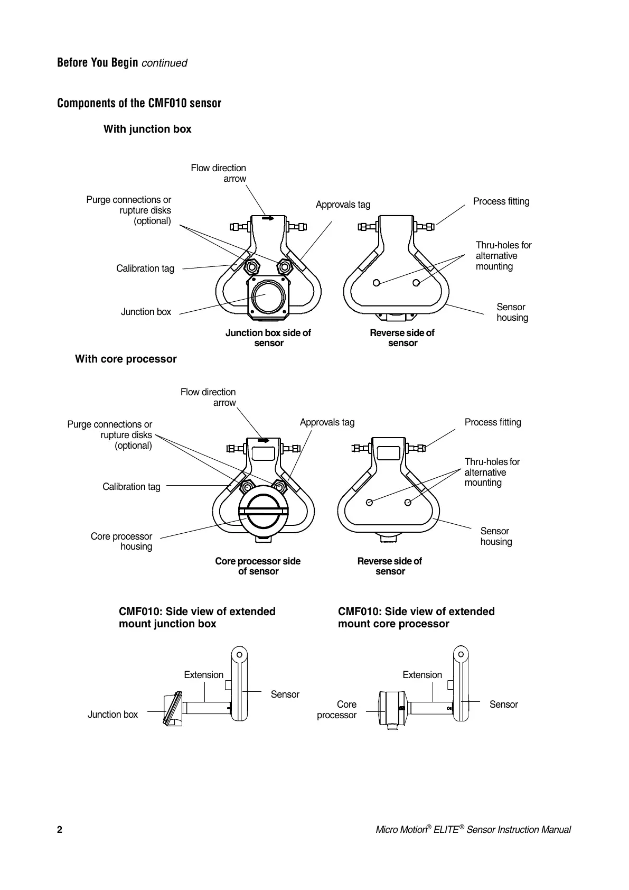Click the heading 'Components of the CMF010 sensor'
139,103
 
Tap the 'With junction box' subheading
147,129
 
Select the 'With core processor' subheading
126,359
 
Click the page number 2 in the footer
60,830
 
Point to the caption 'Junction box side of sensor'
268,338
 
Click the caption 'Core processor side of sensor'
258,566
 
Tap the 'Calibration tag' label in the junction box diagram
145,268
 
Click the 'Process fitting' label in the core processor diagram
493,422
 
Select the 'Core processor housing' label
121,541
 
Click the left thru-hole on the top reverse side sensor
376,282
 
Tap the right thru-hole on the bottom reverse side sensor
408,502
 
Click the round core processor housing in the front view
263,511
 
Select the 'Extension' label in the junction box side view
203,675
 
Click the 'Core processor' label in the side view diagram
337,710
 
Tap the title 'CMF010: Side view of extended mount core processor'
416,618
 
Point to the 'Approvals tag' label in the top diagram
343,205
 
